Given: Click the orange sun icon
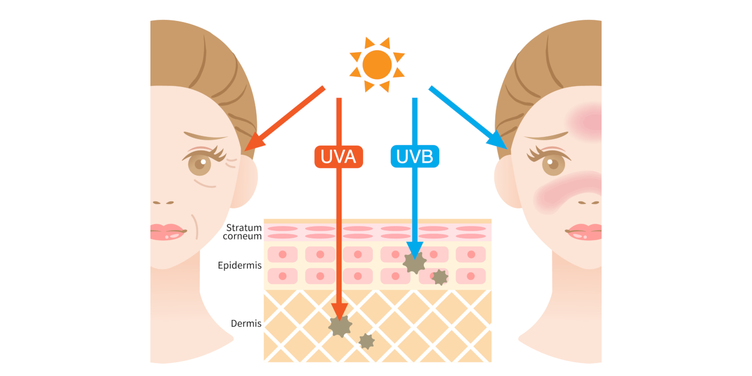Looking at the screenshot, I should [377, 64].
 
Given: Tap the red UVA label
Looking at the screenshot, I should [338, 156].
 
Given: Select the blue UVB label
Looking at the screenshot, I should [415, 156].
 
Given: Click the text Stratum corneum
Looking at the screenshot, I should [244, 232].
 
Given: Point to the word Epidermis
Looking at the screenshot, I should [240, 265].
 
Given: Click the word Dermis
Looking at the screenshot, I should [246, 323].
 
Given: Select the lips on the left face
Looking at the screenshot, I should [167, 232].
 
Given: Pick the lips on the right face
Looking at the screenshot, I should [584, 232].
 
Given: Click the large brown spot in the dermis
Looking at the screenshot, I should [340, 326].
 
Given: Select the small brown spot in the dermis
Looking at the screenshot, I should [366, 341].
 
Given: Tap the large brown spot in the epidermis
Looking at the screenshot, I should [415, 263].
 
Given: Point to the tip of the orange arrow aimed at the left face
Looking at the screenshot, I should [246, 149].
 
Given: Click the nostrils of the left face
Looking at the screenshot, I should [162, 203].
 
